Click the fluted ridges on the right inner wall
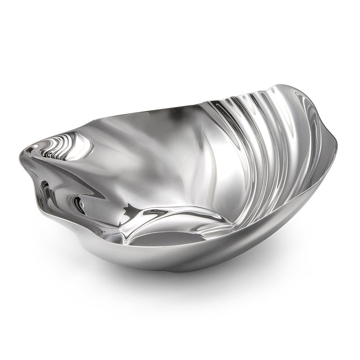pos(269,144)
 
